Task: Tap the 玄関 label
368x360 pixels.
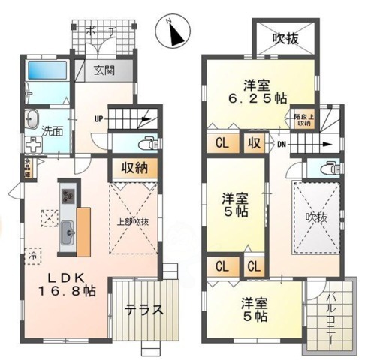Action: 104,71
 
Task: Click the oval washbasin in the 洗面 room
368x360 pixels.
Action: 32,119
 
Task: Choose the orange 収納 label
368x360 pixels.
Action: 134,168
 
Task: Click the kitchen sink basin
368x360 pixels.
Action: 67,232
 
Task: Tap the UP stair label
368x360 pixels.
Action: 98,118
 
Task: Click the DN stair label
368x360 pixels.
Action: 280,145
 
